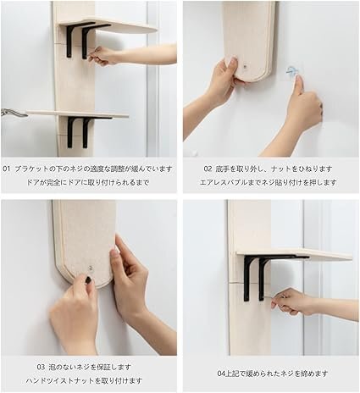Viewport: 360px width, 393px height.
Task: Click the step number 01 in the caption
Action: tap(7, 169)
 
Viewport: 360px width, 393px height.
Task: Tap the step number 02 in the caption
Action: tap(208, 169)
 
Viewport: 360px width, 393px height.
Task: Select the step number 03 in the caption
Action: tap(41, 368)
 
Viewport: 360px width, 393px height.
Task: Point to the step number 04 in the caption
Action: tap(221, 374)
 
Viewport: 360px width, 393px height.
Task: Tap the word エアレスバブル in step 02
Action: tap(223, 182)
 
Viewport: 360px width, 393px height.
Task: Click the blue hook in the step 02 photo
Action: tap(291, 71)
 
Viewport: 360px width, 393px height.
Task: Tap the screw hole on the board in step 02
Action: tap(245, 68)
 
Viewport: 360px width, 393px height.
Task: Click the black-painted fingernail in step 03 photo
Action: tap(88, 280)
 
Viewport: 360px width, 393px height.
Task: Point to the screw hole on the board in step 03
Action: tap(91, 267)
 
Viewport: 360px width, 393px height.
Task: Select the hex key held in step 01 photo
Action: tap(91, 56)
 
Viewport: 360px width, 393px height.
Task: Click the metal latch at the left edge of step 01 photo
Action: tap(13, 113)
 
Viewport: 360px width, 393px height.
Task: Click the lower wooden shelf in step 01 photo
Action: tap(78, 114)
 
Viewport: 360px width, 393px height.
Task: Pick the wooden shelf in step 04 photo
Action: tap(295, 254)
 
